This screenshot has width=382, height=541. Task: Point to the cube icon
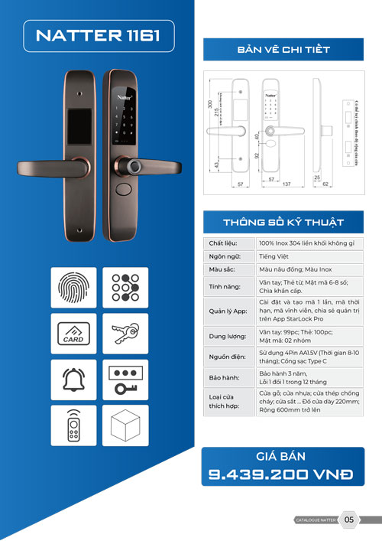pyautogui.click(x=123, y=425)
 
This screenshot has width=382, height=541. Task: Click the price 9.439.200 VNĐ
pyautogui.click(x=281, y=475)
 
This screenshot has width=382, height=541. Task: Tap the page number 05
pyautogui.click(x=349, y=520)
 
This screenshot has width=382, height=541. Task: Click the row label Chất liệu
pyautogui.click(x=222, y=243)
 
